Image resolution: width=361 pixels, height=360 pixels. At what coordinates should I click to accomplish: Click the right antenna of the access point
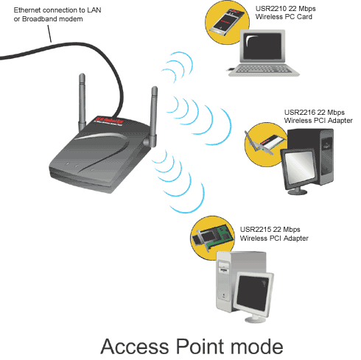pyautogui.click(x=154, y=116)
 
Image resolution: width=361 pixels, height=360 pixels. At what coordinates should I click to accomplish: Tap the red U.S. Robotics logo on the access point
pyautogui.click(x=109, y=121)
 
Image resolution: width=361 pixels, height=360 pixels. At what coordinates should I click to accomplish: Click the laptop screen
pyautogui.click(x=262, y=46)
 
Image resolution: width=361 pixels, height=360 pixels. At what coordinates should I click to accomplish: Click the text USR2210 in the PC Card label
pyautogui.click(x=271, y=9)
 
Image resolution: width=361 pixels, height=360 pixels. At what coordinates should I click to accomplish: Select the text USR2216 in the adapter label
pyautogui.click(x=300, y=113)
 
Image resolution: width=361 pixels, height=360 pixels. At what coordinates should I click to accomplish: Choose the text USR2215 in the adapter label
pyautogui.click(x=255, y=230)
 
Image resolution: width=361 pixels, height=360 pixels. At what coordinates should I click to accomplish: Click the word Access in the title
pyautogui.click(x=135, y=346)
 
